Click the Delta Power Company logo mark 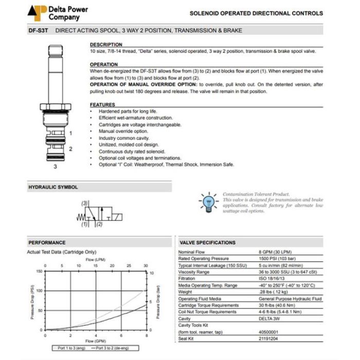click(38, 11)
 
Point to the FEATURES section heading click(102, 104)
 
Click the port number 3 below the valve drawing click(55, 167)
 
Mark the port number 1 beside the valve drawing click(70, 133)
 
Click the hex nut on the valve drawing click(55, 109)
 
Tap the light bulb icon click(208, 200)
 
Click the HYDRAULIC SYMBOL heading click(53, 187)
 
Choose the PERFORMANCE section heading click(47, 242)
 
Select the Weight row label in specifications click(185, 292)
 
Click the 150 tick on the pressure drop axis click(39, 271)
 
